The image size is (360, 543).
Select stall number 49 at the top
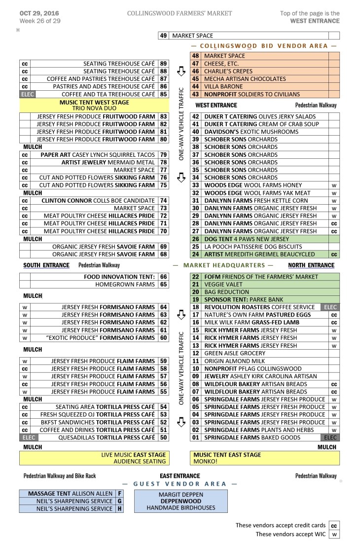tap(164, 36)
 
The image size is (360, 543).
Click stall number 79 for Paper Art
tap(164, 155)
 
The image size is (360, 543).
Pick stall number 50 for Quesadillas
tap(164, 437)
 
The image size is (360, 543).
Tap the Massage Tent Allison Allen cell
tap(70, 493)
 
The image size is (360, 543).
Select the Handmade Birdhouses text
tap(180, 508)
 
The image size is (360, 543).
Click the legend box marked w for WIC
tap(334, 534)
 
